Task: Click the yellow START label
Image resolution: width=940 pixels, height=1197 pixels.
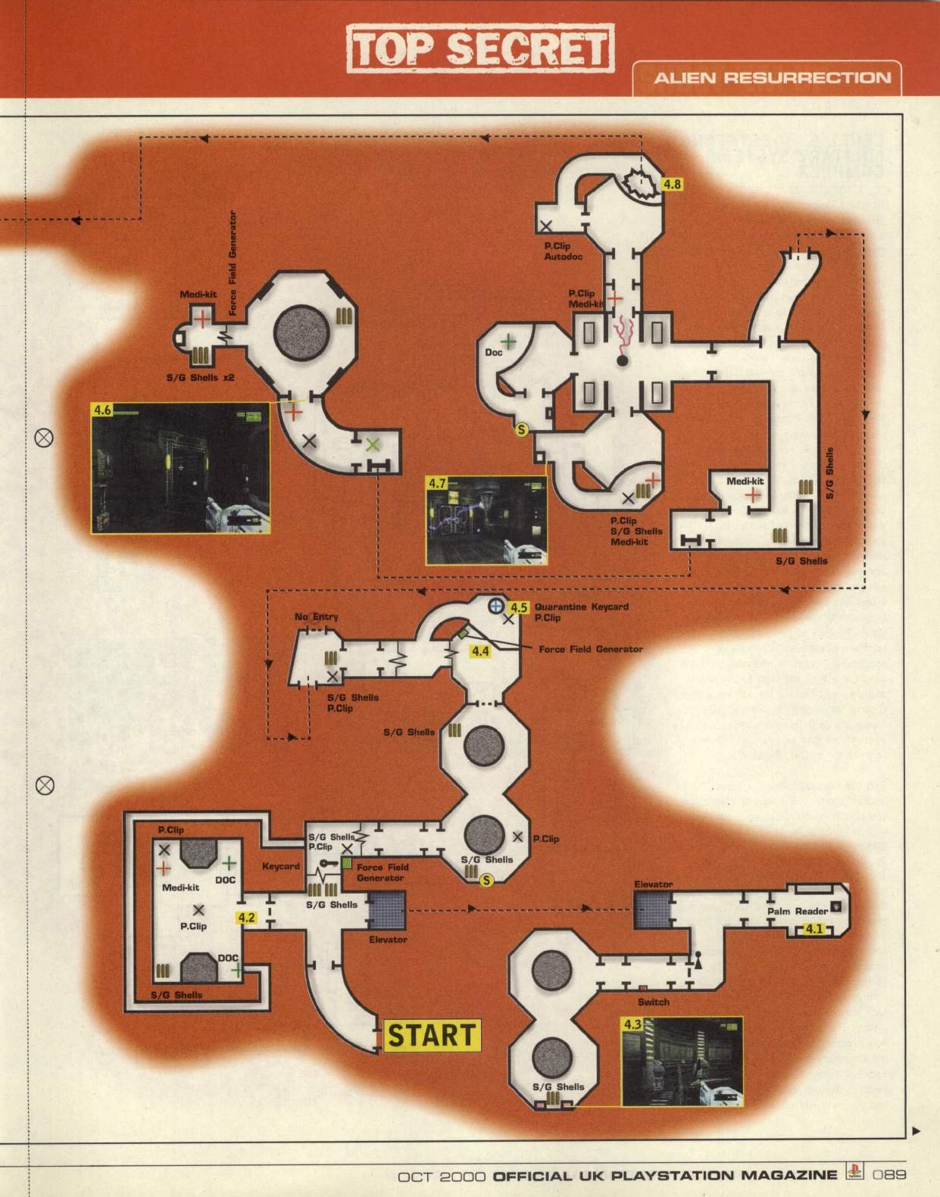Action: (433, 1035)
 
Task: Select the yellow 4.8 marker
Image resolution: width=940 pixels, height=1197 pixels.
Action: (672, 184)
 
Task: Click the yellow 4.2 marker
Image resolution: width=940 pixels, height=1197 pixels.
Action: (247, 918)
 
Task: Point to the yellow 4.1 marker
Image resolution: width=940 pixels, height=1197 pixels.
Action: (814, 929)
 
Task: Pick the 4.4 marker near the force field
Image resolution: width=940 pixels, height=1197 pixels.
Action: (480, 651)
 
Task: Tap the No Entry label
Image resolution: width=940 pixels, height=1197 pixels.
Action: (317, 617)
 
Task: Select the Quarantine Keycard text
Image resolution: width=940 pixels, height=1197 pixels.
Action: (581, 606)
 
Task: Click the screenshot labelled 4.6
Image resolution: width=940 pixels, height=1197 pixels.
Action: (180, 468)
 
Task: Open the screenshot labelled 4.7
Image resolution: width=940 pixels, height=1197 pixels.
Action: (486, 520)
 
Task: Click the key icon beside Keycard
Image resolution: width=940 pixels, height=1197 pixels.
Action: (327, 864)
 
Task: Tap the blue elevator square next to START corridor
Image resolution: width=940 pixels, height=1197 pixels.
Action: (387, 909)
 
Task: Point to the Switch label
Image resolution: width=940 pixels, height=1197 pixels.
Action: (653, 1002)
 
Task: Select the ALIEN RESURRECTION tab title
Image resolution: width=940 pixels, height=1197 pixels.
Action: (772, 78)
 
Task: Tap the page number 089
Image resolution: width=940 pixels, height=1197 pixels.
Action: (888, 1175)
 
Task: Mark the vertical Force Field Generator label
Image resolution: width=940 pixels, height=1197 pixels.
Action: (233, 263)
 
